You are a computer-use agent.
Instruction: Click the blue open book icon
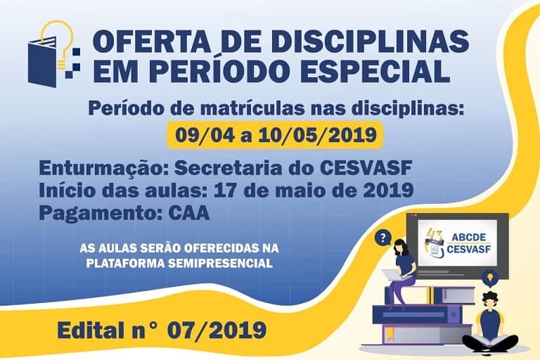(x=42, y=62)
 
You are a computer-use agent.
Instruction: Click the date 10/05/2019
(x=317, y=135)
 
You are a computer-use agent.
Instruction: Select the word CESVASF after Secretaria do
(x=366, y=168)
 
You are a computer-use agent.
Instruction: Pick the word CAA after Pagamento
(x=189, y=213)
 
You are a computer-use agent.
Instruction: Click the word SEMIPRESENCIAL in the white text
(x=220, y=263)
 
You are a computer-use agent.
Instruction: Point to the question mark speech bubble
(x=383, y=238)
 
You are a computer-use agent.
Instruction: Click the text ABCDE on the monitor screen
(x=469, y=238)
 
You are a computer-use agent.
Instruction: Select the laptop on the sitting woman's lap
(x=394, y=274)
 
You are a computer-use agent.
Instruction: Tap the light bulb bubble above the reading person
(x=490, y=278)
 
